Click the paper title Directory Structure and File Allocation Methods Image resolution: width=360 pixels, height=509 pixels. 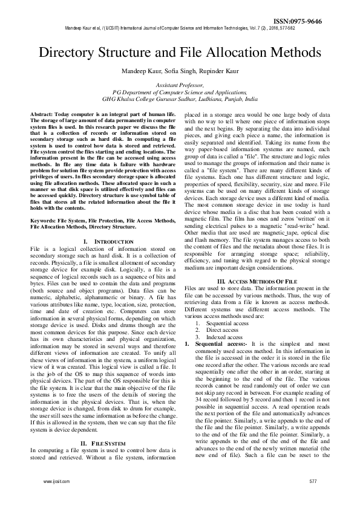coord(180,52)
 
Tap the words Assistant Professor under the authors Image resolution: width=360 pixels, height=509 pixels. coord(180,86)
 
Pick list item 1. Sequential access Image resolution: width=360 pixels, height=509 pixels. coord(226,323)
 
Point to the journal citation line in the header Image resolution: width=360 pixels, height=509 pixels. coord(180,28)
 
